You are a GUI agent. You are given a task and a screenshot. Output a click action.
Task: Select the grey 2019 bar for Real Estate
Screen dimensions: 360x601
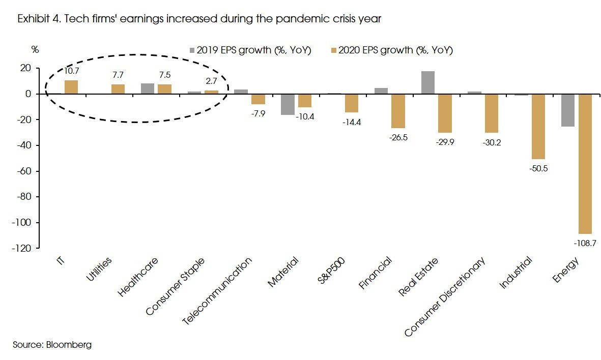pos(428,82)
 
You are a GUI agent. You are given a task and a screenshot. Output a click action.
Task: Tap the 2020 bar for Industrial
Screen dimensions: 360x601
pos(538,126)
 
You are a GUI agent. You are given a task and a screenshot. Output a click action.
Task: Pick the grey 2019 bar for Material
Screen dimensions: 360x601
pos(288,104)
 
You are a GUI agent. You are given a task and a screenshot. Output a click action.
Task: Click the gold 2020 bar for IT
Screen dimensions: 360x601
pos(71,87)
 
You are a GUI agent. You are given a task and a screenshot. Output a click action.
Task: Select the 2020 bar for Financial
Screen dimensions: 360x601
pos(398,111)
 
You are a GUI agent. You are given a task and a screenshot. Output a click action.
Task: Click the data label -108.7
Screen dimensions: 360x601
pos(585,244)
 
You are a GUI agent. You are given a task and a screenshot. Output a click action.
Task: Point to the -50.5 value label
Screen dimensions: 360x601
pos(538,169)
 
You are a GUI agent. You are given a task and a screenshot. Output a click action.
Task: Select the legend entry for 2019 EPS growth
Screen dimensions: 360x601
pos(250,50)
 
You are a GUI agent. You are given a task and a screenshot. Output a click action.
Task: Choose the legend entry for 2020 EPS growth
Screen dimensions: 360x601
pos(391,50)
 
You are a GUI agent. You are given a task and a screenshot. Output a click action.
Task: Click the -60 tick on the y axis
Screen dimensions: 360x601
pos(23,171)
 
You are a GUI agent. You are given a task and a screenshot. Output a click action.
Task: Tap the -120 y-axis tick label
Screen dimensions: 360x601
pos(21,249)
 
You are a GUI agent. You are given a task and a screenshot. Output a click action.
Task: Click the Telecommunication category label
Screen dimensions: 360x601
pos(217,290)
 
